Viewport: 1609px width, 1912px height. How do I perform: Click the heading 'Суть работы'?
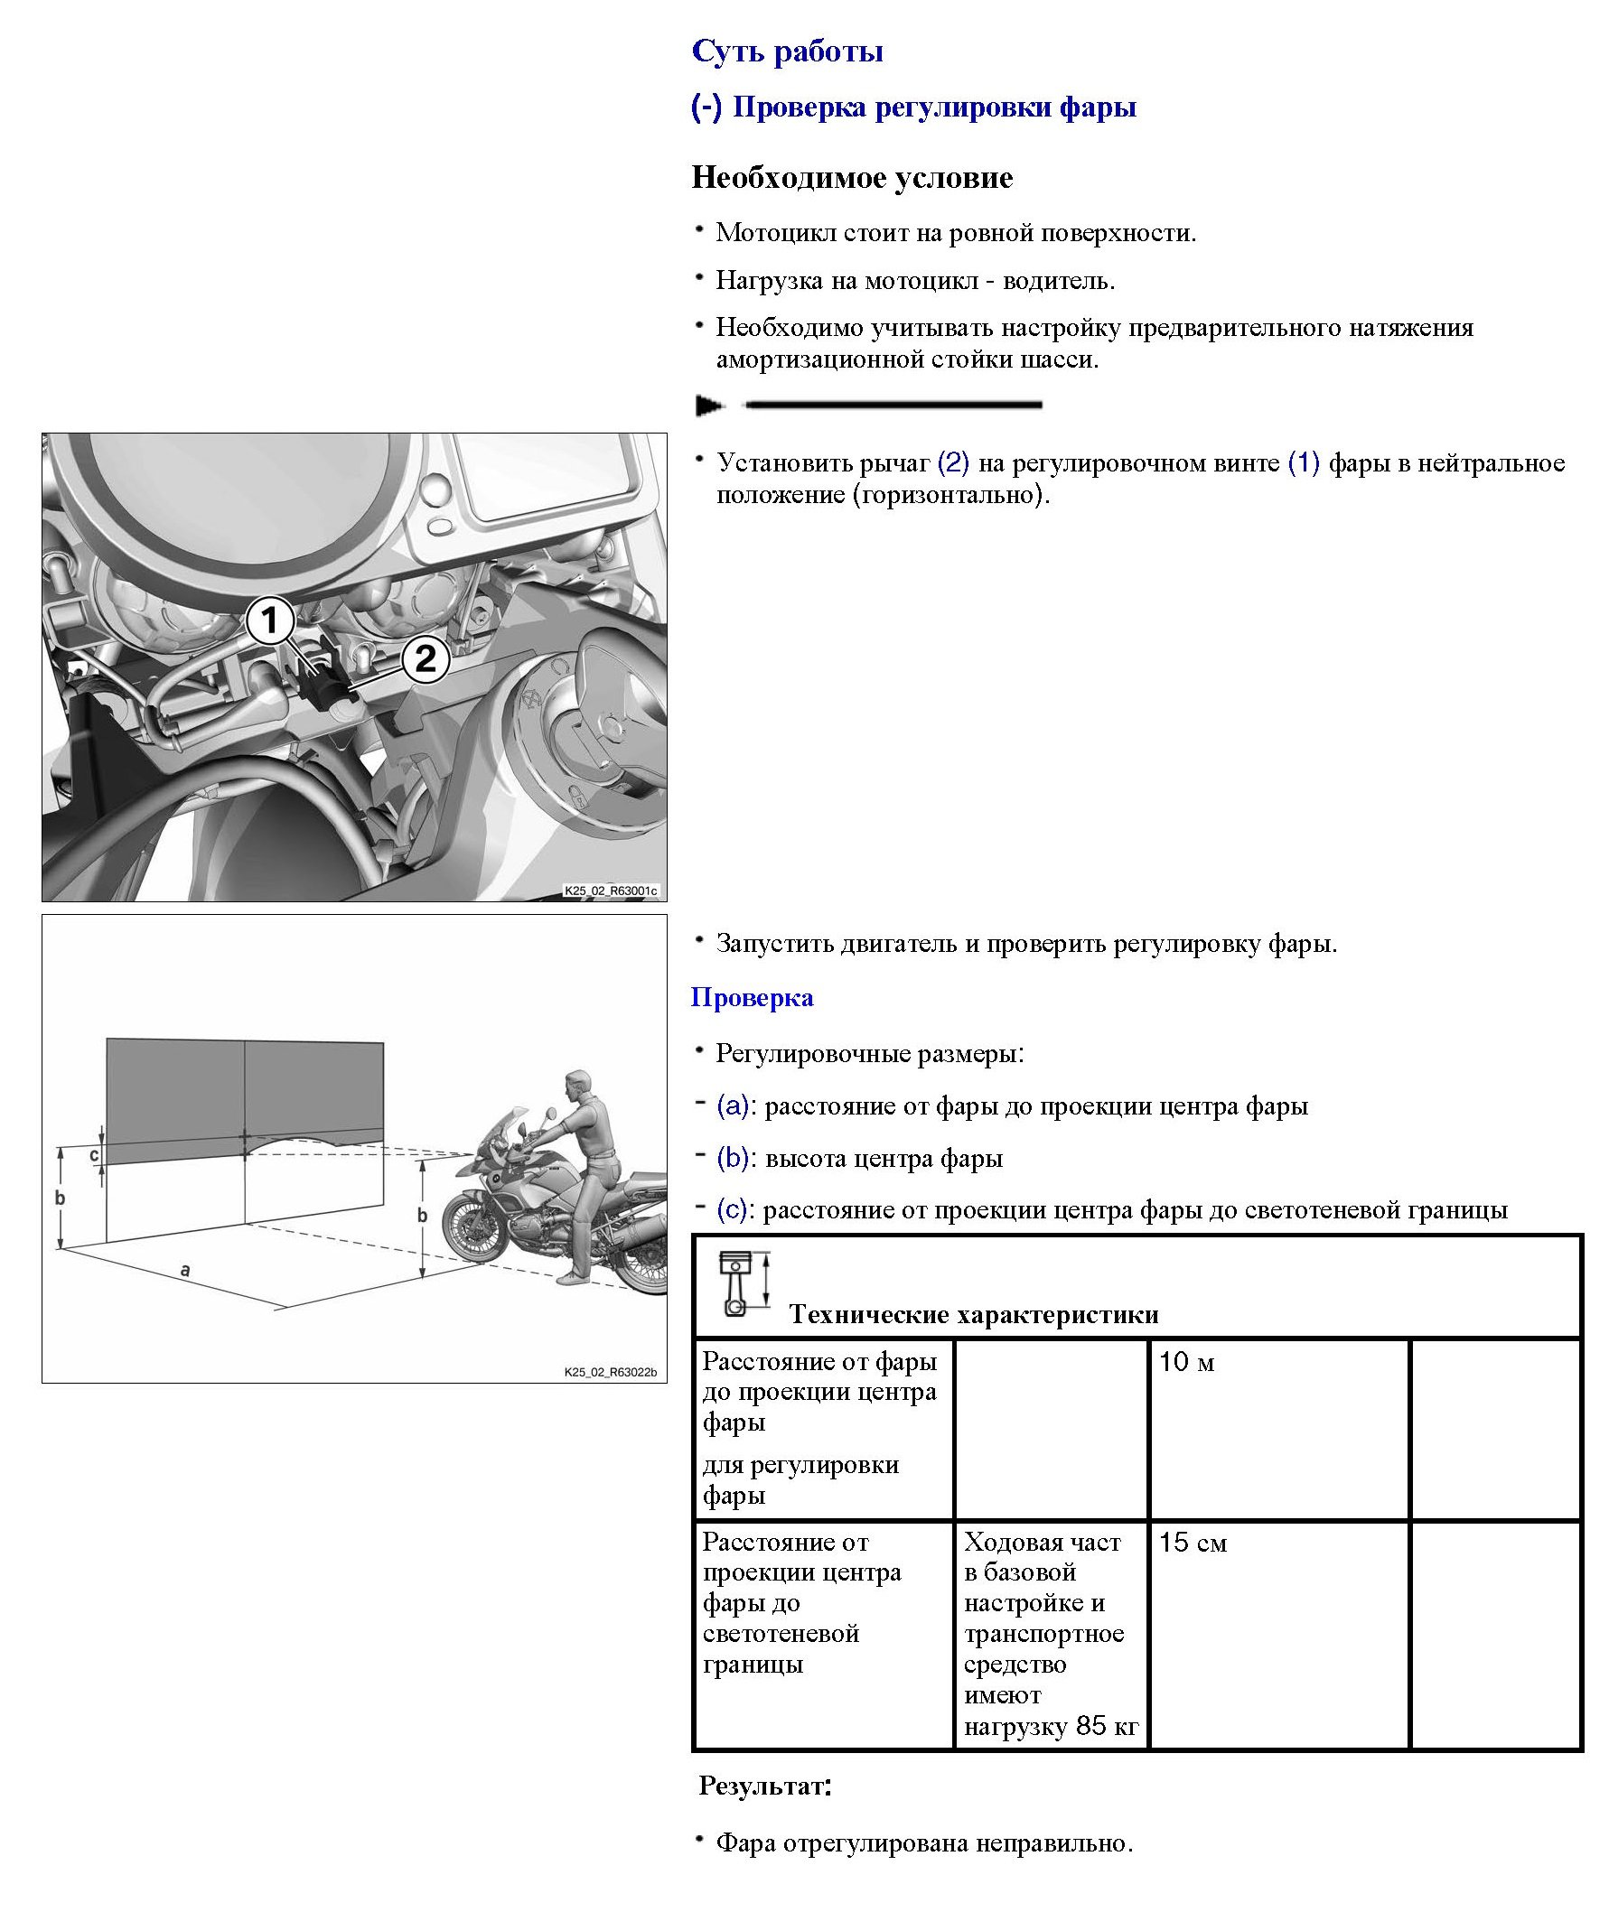(x=787, y=51)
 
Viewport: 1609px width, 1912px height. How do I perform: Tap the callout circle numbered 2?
(x=425, y=658)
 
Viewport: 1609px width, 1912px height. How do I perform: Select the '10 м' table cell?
(x=1187, y=1363)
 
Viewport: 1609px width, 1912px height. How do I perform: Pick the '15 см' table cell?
(x=1193, y=1544)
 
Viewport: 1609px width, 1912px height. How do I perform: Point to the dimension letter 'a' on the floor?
(x=186, y=1268)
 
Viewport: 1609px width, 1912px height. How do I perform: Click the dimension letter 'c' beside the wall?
(x=93, y=1155)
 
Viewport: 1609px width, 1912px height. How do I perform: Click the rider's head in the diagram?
(x=575, y=1084)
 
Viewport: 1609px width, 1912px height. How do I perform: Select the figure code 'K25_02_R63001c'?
(x=609, y=891)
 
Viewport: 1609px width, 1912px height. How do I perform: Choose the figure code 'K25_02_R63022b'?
(x=609, y=1371)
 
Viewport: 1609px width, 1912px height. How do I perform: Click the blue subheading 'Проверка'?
(x=752, y=997)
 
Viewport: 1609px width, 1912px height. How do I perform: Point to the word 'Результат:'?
(x=764, y=1786)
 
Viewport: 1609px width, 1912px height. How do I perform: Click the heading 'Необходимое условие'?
(x=852, y=177)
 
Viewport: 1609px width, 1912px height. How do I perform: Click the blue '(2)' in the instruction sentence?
(x=953, y=463)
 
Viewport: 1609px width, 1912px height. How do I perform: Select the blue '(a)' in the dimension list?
(x=734, y=1106)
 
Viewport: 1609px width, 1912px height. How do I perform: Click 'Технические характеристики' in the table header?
(x=973, y=1314)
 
